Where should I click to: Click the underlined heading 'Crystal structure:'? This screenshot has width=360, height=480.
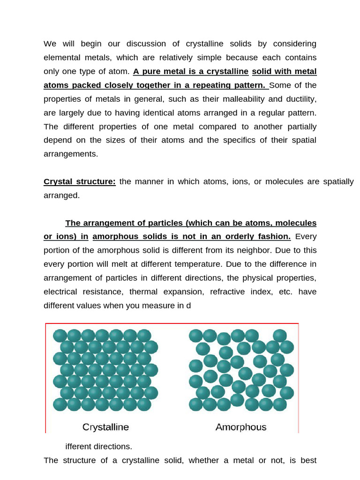pyautogui.click(x=80, y=181)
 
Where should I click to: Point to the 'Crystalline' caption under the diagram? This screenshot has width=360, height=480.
pyautogui.click(x=105, y=427)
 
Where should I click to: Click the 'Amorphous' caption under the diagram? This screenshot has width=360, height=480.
pyautogui.click(x=241, y=427)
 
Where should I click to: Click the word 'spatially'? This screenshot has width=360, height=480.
pyautogui.click(x=338, y=181)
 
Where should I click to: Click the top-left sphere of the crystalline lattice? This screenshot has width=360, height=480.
pyautogui.click(x=60, y=336)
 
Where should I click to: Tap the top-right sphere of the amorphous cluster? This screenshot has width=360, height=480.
pyautogui.click(x=280, y=336)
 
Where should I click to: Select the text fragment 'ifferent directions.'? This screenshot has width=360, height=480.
pyautogui.click(x=99, y=446)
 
